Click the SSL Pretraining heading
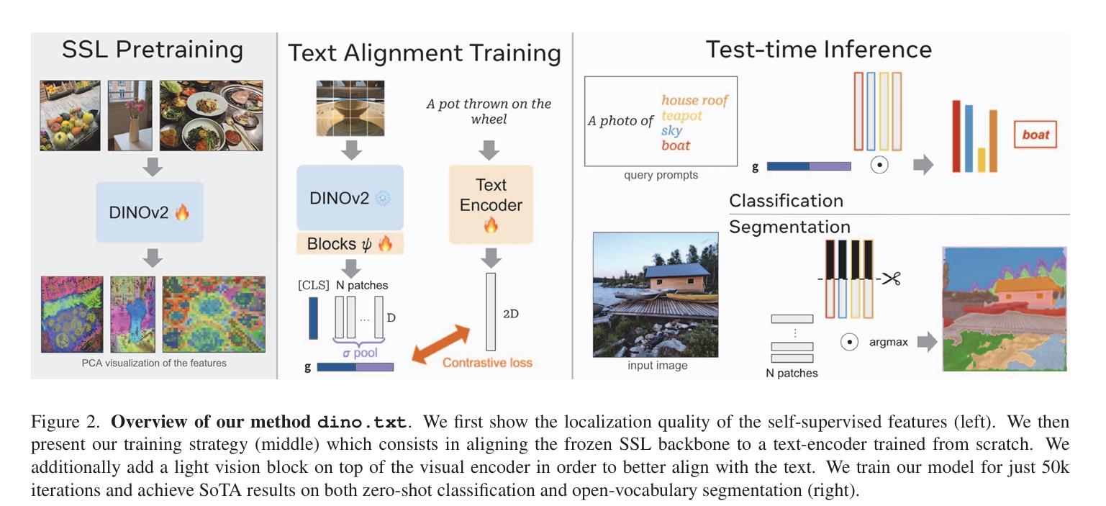(x=153, y=50)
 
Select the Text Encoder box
(x=491, y=204)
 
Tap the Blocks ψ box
(x=350, y=244)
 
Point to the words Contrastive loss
(x=487, y=363)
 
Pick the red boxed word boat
(x=1035, y=135)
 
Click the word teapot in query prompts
(x=681, y=115)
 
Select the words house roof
(x=694, y=100)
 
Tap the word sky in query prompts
(x=671, y=130)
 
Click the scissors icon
(x=892, y=279)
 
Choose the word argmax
(x=888, y=342)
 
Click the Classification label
(x=786, y=201)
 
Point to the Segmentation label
(x=789, y=227)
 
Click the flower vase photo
(x=130, y=115)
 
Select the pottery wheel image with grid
(x=350, y=108)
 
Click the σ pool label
(x=360, y=353)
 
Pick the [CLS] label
(x=314, y=285)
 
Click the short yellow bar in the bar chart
(x=982, y=160)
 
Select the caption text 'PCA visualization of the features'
(x=154, y=363)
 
